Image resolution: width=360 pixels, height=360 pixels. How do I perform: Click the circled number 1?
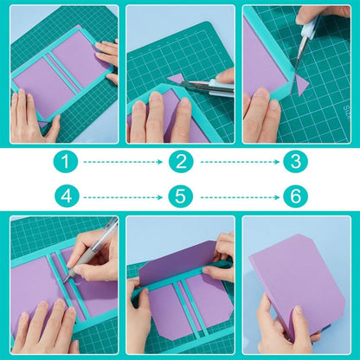point(65,162)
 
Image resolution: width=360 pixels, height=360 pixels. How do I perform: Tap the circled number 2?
point(180,162)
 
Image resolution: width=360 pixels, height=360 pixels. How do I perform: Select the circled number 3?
point(295,162)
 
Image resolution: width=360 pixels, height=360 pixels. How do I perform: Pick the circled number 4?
point(65,196)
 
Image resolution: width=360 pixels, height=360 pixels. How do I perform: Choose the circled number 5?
point(180,196)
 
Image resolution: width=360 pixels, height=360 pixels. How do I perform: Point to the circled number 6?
point(295,196)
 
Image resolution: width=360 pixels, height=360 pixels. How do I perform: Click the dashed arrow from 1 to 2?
point(122,162)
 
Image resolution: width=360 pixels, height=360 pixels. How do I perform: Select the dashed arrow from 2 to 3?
point(237,162)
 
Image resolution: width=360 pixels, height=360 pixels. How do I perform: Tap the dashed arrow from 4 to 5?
point(122,196)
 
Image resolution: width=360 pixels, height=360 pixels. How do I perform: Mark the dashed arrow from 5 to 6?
point(237,196)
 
